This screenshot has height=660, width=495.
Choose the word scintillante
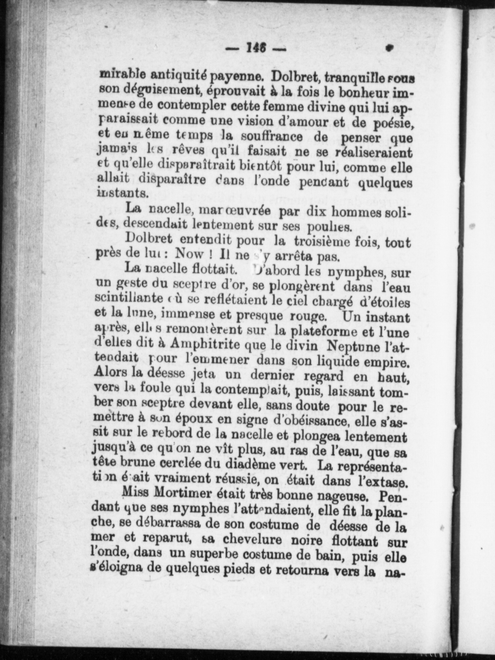128,298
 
